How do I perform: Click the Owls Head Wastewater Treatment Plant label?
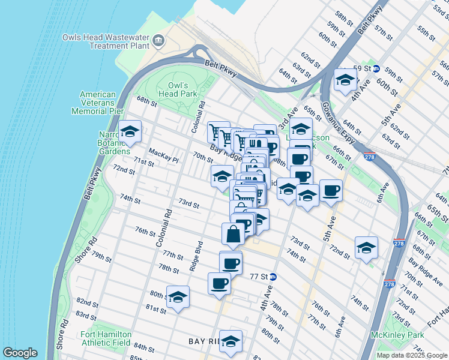106,41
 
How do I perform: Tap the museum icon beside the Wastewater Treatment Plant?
158,41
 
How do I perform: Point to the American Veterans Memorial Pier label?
98,103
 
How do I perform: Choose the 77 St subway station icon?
273,277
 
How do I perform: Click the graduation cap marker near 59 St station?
345,80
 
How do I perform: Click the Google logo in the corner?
20,353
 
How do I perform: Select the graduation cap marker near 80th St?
178,297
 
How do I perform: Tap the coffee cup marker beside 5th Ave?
331,191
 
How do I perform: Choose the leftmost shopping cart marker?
217,133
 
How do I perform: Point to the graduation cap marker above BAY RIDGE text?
231,341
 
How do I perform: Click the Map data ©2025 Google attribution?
412,355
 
